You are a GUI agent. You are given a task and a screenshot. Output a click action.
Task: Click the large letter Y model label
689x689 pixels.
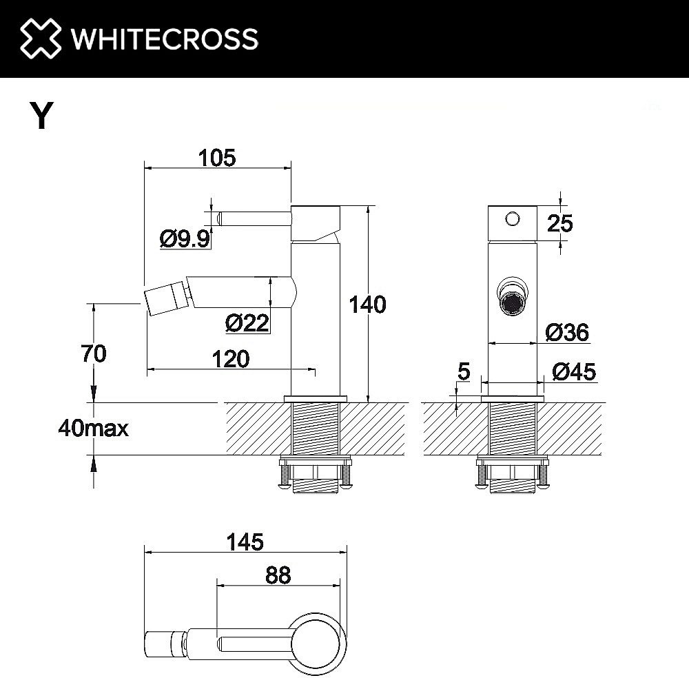click(41, 116)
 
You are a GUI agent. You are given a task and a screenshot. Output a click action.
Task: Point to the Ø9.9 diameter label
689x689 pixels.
click(184, 238)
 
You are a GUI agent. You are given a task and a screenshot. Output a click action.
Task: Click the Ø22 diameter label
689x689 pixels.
click(247, 322)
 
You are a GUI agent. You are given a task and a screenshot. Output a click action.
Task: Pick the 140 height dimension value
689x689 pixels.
click(368, 304)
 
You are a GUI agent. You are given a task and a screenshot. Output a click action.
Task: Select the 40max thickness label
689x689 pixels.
click(94, 429)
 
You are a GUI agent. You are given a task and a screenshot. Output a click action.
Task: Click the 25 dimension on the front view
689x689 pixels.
click(559, 223)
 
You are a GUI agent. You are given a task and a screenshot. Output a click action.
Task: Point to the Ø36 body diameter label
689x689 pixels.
click(567, 333)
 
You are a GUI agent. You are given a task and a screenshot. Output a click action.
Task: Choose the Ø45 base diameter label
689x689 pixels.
click(574, 372)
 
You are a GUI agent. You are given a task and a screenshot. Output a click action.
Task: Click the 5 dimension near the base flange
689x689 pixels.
click(463, 372)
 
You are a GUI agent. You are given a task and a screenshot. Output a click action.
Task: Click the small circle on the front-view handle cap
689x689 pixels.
click(511, 218)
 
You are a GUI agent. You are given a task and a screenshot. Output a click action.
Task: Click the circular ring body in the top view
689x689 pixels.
click(320, 643)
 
